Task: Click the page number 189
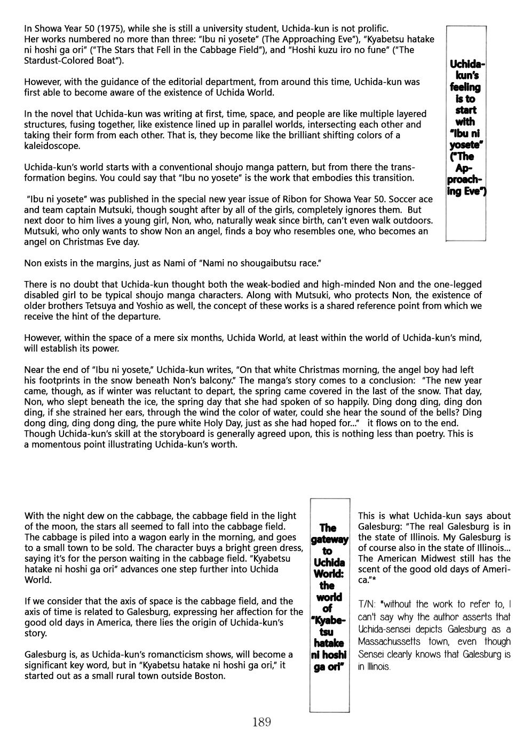[x=261, y=722]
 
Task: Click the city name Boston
[x=209, y=676]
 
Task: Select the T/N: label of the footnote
[x=367, y=605]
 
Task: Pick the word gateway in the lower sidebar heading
[x=329, y=540]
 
